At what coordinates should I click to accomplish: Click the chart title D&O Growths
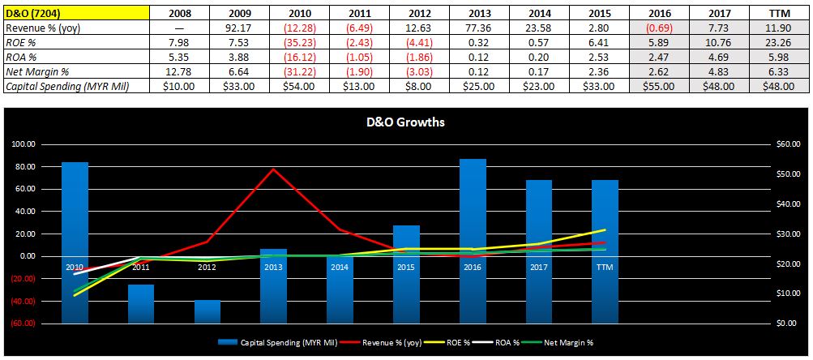pyautogui.click(x=406, y=123)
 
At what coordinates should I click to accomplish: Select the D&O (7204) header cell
pyautogui.click(x=30, y=13)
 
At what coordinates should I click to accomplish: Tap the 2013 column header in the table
pyautogui.click(x=482, y=13)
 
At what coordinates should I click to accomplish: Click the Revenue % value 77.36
pyautogui.click(x=482, y=28)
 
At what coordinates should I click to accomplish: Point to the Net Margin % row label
pyautogui.click(x=36, y=72)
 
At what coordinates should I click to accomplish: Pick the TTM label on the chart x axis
pyautogui.click(x=604, y=267)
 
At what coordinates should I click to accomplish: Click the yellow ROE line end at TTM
pyautogui.click(x=605, y=229)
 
